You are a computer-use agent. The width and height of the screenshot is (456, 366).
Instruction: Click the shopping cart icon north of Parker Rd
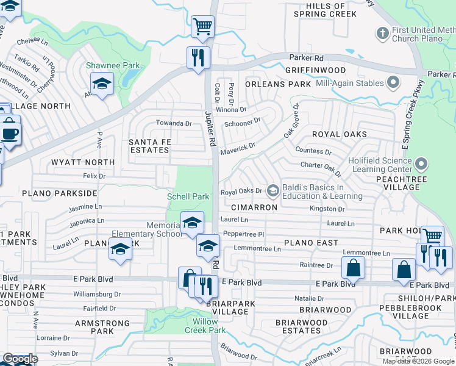pos(202,26)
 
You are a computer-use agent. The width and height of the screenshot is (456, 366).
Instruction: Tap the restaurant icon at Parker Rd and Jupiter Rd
pos(198,58)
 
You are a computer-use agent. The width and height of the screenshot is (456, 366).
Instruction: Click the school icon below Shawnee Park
pos(102,83)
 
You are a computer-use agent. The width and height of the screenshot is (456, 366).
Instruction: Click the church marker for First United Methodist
pos(382,32)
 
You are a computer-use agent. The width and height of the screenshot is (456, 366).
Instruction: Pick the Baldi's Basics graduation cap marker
pos(273,191)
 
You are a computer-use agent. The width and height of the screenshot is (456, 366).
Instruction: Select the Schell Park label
pos(188,196)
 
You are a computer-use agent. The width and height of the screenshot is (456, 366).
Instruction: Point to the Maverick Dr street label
pos(238,146)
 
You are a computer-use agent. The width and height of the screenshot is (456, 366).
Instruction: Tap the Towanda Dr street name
pos(174,123)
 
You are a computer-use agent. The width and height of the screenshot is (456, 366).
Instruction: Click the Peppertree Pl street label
pos(243,234)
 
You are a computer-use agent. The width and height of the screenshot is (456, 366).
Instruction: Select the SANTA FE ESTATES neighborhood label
pos(149,146)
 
